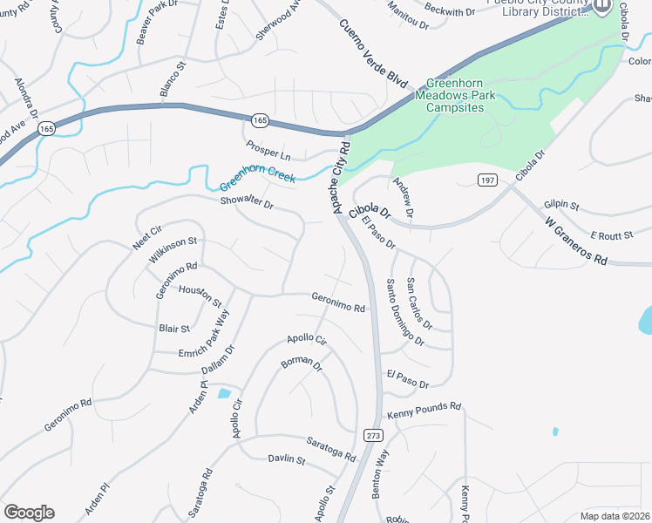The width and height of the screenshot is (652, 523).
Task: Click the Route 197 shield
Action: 487,179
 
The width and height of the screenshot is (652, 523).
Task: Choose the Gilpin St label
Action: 561,205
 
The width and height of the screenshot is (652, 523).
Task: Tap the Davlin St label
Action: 286,458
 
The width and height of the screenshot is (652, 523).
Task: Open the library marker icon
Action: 602,7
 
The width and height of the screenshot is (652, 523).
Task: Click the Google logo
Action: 29,513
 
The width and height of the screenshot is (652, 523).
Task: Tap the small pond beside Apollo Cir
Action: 224,393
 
